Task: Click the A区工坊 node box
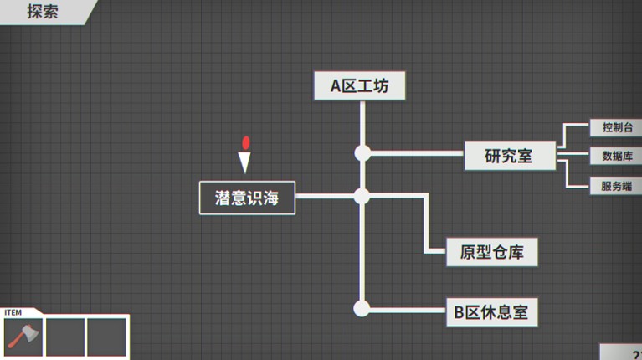359,85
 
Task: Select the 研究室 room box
510,156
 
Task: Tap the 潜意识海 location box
247,198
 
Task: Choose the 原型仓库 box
491,252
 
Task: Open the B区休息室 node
491,312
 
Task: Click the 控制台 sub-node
616,127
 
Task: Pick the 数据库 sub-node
616,156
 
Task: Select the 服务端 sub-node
616,186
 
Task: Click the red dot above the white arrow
245,142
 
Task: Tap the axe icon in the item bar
23,337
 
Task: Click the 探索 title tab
43,12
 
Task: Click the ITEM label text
13,312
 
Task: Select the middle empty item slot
65,337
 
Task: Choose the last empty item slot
106,337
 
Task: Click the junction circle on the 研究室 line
362,153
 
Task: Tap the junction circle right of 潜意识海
362,196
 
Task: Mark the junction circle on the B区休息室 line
362,308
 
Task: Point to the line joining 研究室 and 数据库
573,154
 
